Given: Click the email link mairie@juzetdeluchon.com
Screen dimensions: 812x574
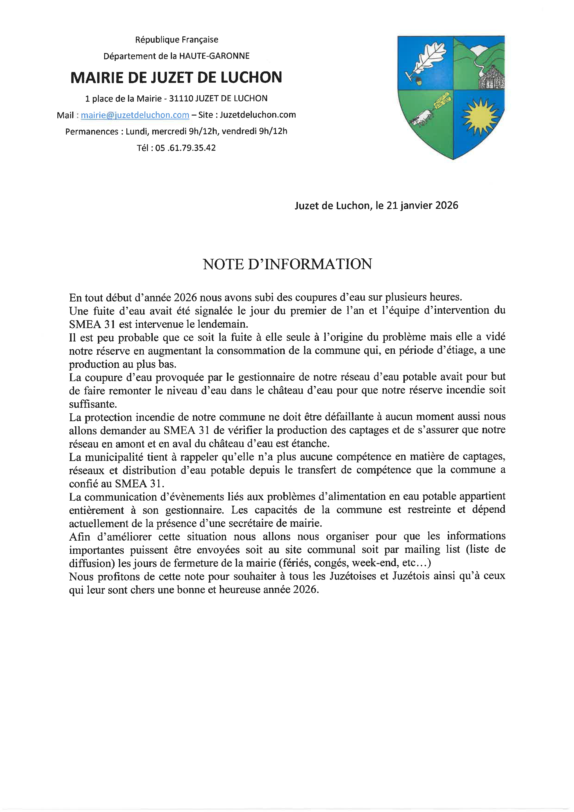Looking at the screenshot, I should (x=135, y=115).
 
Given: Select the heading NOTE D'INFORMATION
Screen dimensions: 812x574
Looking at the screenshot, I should (x=287, y=264).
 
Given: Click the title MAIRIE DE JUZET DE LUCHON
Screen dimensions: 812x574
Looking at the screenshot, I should (x=176, y=78).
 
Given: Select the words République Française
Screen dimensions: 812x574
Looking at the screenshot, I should (x=176, y=40).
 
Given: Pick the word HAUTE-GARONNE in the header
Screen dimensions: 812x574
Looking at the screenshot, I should (x=214, y=56).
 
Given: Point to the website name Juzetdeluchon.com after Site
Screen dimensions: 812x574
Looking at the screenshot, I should (x=258, y=115).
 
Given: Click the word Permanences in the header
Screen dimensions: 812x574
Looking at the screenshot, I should (x=92, y=132).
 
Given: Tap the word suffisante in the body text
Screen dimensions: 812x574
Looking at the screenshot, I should (x=93, y=404).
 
